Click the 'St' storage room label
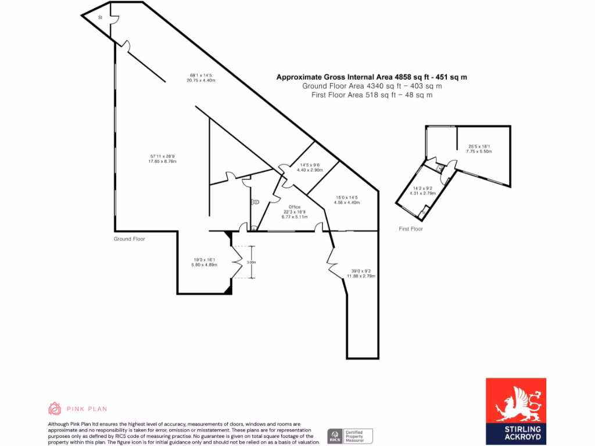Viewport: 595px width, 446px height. pos(100,17)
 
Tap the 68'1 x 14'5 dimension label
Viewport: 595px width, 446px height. pos(201,77)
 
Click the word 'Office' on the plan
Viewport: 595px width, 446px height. pos(295,207)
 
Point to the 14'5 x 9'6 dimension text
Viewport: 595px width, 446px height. pos(309,167)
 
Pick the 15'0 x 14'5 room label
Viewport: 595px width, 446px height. pos(347,200)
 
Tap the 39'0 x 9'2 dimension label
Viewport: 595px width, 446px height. pos(363,272)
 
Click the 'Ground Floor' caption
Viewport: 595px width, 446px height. pos(129,239)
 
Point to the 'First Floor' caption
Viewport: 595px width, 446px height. pos(411,229)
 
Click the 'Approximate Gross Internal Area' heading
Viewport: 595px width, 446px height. pos(372,77)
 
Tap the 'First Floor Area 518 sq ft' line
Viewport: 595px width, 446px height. pos(367,95)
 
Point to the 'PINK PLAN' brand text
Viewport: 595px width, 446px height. pos(88,409)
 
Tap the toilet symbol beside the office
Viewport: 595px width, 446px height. pos(254,202)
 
